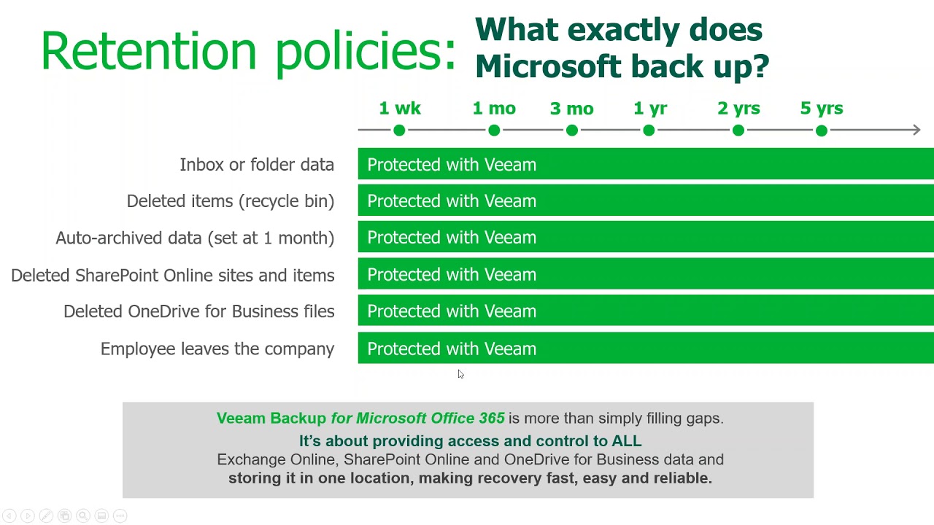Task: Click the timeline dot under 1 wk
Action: [399, 131]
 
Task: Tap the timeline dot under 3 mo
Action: [571, 131]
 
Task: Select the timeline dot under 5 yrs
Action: [822, 131]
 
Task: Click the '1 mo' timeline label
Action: [494, 109]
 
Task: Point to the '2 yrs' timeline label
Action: [738, 109]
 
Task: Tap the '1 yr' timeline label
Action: [649, 109]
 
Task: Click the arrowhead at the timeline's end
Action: [916, 130]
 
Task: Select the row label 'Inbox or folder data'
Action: [257, 165]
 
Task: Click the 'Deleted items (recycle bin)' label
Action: [231, 201]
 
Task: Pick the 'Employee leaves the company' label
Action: [217, 349]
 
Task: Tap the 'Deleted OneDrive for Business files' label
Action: [199, 311]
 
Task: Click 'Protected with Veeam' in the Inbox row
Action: [452, 165]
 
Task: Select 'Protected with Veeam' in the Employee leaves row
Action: [452, 349]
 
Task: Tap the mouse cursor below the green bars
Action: [460, 374]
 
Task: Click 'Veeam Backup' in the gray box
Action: [271, 419]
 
